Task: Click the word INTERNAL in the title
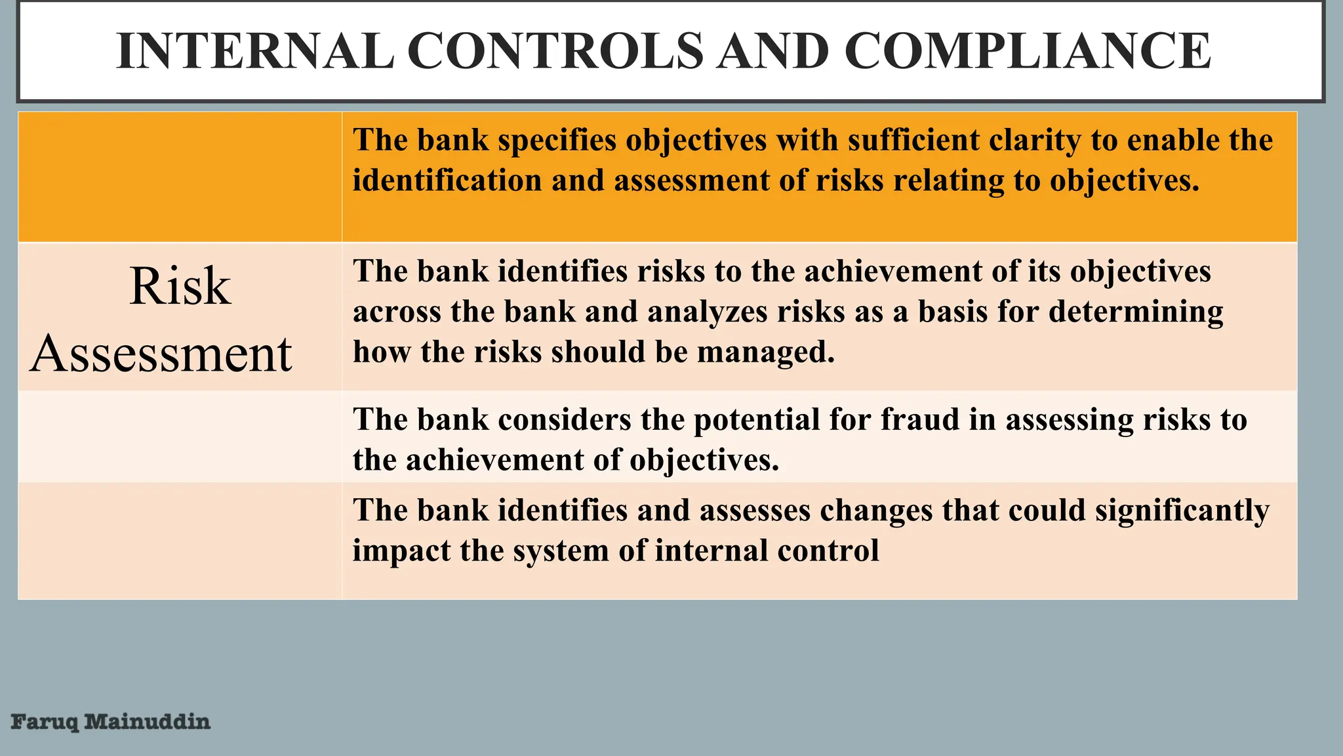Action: point(255,51)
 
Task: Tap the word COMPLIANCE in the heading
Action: point(1027,51)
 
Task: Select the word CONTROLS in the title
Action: point(555,51)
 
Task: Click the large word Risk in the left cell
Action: point(180,286)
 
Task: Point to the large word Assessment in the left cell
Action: point(161,354)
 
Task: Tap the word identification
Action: point(447,180)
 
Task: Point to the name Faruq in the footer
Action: point(45,723)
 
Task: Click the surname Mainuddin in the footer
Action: point(148,722)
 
